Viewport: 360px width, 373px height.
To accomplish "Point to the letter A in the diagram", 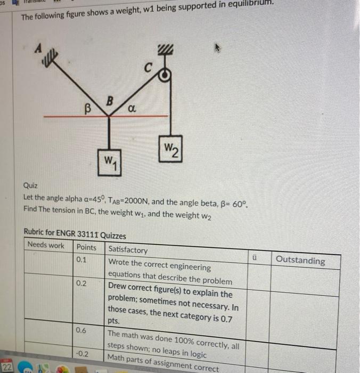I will coord(38,47).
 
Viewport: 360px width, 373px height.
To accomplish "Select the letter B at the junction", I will coord(110,100).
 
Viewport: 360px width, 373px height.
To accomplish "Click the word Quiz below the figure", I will coord(30,186).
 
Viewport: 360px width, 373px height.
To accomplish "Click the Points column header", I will coord(86,247).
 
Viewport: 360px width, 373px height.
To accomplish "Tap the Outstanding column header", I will coord(300,260).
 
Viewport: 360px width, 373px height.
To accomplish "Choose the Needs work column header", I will coord(46,245).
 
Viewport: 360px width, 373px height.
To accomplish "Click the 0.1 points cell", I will coord(81,260).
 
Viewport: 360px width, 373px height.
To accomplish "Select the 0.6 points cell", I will coord(81,330).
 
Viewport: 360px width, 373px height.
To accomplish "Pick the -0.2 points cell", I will coord(81,353).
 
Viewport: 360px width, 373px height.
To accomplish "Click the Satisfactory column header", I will coord(128,249).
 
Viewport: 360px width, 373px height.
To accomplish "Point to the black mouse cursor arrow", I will coord(217,48).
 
